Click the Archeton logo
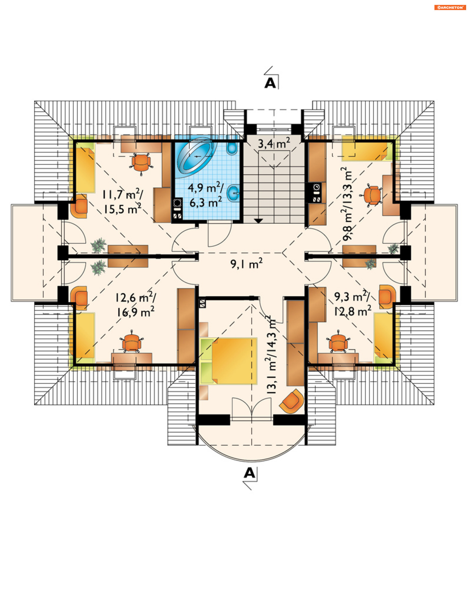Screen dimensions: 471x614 [x=450, y=8]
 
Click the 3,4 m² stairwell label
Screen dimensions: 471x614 [x=274, y=143]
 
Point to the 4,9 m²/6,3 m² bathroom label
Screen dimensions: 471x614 [x=206, y=194]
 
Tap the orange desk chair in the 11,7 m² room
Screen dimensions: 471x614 [x=141, y=163]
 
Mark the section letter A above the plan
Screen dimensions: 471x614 [x=270, y=83]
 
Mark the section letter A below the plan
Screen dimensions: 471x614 [x=249, y=473]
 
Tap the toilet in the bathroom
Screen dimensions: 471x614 [x=232, y=148]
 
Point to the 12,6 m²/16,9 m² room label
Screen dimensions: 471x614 [x=136, y=304]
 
